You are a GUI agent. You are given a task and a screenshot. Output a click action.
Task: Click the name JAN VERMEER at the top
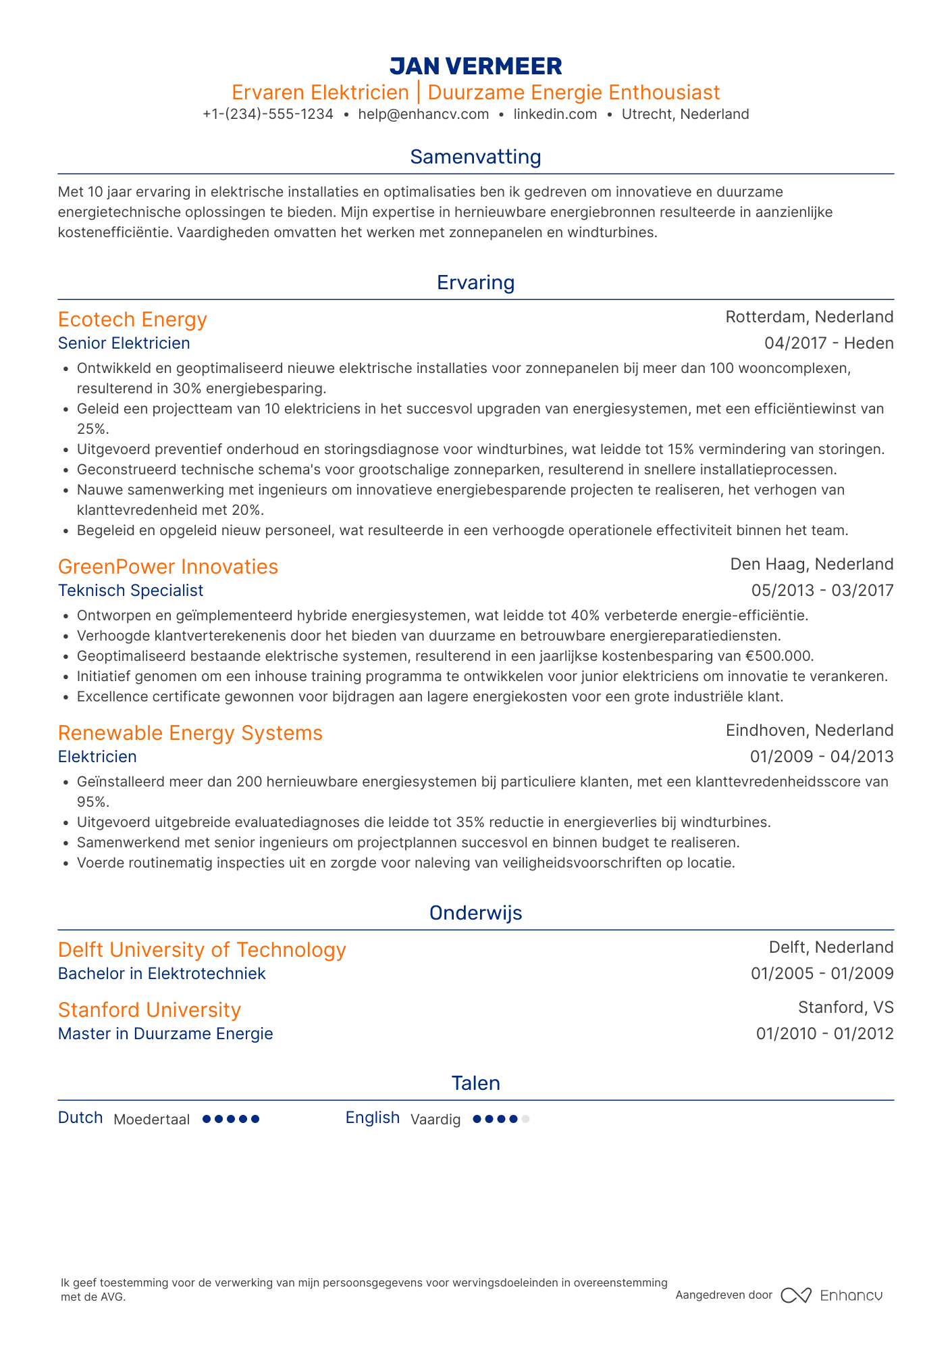pos(475,66)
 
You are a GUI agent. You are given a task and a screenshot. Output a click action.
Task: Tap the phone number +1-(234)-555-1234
pos(268,114)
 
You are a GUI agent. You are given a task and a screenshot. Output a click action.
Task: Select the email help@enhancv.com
pos(423,114)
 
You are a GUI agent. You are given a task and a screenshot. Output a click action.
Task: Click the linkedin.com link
pos(555,114)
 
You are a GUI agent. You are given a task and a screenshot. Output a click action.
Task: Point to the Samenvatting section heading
pos(475,157)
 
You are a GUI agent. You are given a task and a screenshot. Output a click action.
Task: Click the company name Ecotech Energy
pos(132,320)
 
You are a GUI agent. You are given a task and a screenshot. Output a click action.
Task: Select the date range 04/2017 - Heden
pos(828,343)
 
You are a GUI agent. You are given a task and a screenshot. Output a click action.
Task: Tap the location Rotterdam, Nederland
pos(809,317)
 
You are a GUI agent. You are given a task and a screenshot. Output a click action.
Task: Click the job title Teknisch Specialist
pos(130,591)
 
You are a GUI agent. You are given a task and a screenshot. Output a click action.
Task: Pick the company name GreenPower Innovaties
pos(168,567)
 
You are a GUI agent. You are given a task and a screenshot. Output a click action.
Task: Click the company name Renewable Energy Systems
pos(190,733)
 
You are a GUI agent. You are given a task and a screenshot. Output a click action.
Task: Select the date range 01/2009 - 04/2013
pos(821,757)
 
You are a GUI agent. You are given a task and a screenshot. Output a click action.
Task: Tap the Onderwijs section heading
pos(475,913)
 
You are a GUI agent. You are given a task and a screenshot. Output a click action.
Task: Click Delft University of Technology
pos(202,950)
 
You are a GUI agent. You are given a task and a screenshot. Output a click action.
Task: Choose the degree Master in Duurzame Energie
pos(165,1034)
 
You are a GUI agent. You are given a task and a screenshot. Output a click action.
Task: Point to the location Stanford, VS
pos(845,1007)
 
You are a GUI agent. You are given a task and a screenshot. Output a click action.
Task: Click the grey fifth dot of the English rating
pos(526,1119)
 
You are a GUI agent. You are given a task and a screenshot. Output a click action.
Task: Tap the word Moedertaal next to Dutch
pos(151,1120)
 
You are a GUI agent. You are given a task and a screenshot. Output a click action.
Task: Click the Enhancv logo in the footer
pos(832,1295)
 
